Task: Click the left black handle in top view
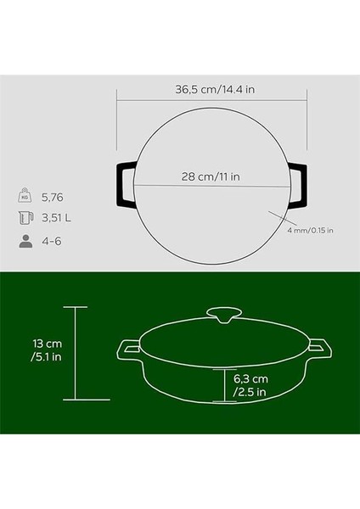point(122,183)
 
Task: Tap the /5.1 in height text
point(46,360)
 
